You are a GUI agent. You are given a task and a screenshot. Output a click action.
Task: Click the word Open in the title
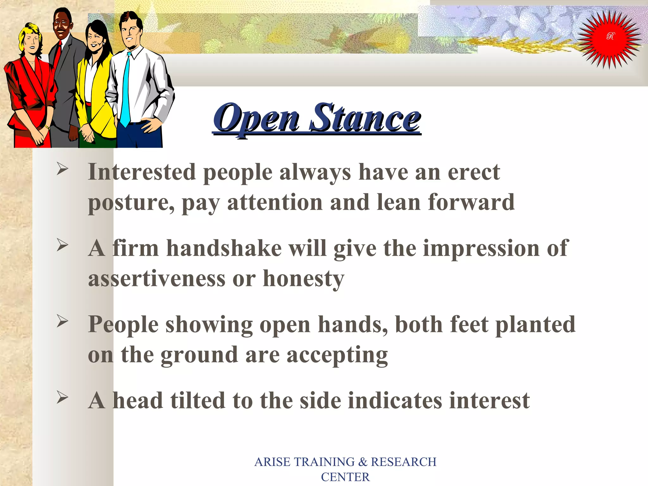coord(256,119)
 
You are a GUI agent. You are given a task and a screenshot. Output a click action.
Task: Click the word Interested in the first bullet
coord(142,172)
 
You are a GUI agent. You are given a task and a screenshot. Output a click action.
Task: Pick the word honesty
coord(303,279)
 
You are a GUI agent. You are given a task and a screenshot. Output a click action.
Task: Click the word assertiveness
coord(157,279)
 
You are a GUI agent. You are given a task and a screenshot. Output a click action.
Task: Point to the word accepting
coord(337,356)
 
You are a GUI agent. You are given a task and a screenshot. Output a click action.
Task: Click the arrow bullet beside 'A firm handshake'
coord(62,245)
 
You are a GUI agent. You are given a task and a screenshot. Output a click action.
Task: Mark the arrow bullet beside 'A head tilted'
coord(62,397)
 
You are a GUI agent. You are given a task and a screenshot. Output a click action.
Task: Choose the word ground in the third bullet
coord(199,356)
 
